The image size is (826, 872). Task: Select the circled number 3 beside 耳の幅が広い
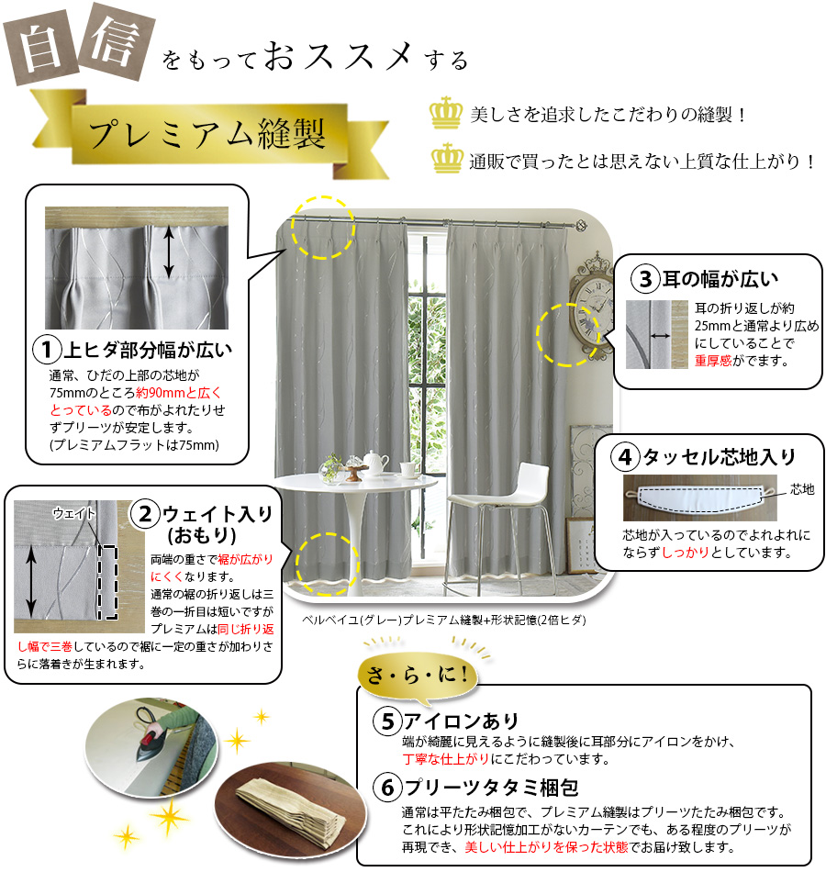click(645, 279)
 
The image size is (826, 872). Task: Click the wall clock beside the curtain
click(589, 311)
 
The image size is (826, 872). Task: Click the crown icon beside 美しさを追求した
click(446, 113)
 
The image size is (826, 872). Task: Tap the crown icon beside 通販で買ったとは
click(447, 158)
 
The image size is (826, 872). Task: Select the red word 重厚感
click(713, 361)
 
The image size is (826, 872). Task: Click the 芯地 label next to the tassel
click(802, 489)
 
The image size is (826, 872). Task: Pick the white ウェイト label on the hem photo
click(74, 513)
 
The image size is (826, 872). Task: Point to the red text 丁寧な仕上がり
click(445, 759)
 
